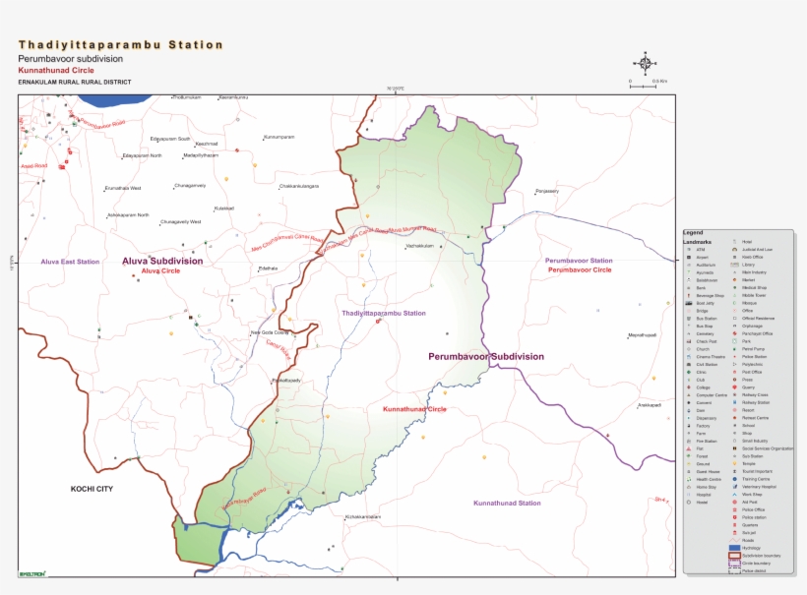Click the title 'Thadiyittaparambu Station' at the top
[120, 45]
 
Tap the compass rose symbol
[645, 64]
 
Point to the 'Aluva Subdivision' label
[162, 261]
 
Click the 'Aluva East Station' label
[70, 262]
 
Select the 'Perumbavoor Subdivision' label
[486, 356]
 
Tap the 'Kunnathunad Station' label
[507, 504]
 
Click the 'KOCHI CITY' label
[92, 489]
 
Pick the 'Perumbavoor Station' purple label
[579, 261]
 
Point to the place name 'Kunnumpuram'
[279, 137]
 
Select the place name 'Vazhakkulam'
[418, 246]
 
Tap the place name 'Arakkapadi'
[649, 404]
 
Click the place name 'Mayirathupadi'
[642, 334]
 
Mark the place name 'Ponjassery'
[546, 191]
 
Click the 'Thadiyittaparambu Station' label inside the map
[384, 313]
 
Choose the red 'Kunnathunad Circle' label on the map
[414, 408]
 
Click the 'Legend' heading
[693, 232]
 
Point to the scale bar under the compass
[644, 87]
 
